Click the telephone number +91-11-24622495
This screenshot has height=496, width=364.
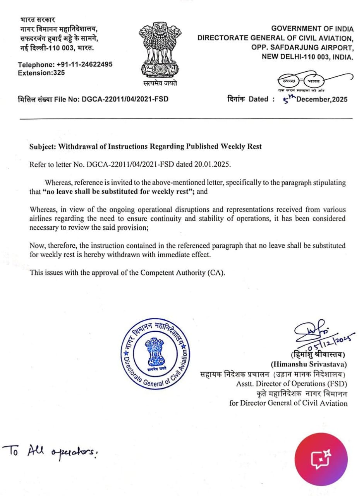[84, 65]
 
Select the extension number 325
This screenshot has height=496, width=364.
[59, 72]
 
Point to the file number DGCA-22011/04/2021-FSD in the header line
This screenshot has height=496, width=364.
[125, 99]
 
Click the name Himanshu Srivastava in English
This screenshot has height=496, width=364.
[308, 364]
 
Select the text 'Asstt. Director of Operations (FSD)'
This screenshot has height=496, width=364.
[292, 384]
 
